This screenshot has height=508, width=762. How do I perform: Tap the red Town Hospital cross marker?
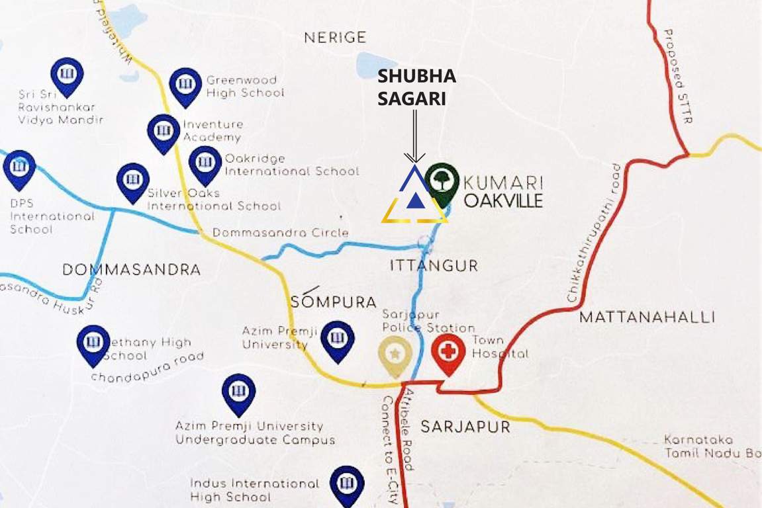coord(448,352)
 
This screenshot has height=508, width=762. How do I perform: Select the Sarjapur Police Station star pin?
coord(395,353)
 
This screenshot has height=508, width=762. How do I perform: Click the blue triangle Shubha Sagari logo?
coord(414,196)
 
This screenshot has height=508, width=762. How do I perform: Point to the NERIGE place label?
coord(335,38)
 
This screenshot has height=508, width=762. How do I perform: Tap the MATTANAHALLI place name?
coord(647,317)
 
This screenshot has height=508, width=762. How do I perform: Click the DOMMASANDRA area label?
coord(131,270)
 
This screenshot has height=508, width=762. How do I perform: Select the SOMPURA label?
coord(333,302)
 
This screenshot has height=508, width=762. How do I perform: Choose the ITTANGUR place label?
coord(434,266)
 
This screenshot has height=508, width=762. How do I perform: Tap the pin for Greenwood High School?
coord(185,84)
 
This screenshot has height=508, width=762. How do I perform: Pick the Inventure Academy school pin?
coord(163,131)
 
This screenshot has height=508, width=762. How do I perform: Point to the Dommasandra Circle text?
coord(280,233)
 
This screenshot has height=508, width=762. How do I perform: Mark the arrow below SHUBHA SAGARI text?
coord(415,136)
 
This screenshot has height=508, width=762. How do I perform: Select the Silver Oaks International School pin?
coord(133,180)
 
